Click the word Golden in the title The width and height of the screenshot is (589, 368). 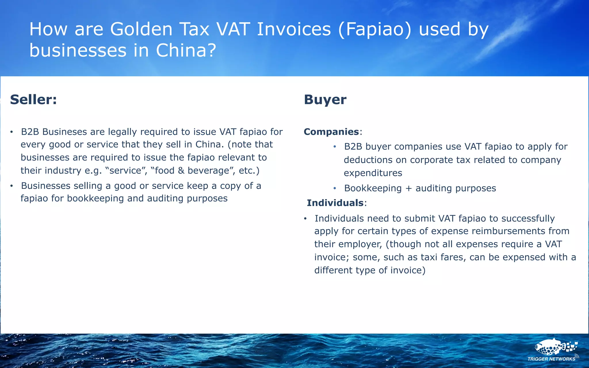click(141, 29)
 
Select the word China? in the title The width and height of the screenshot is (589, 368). click(186, 51)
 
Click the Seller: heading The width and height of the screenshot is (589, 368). click(33, 100)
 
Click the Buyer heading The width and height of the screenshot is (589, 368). click(325, 100)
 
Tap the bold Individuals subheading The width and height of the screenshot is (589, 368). click(335, 203)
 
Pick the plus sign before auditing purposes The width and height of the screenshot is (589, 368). click(408, 188)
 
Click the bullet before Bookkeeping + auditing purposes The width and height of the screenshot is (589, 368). click(334, 189)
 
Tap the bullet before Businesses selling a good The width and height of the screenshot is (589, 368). click(12, 186)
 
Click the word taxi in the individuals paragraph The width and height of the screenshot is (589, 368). click(429, 257)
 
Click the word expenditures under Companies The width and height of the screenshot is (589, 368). click(373, 173)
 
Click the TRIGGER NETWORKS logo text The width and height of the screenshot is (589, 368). click(551, 359)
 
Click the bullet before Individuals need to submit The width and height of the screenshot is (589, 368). click(305, 219)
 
